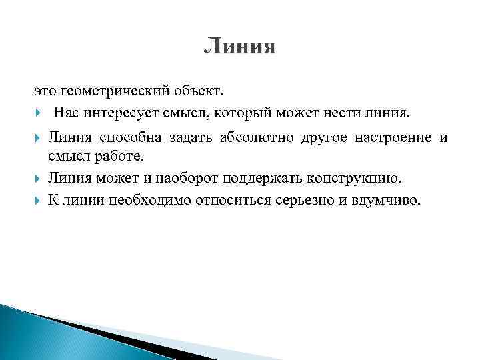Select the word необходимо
click(x=146, y=200)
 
